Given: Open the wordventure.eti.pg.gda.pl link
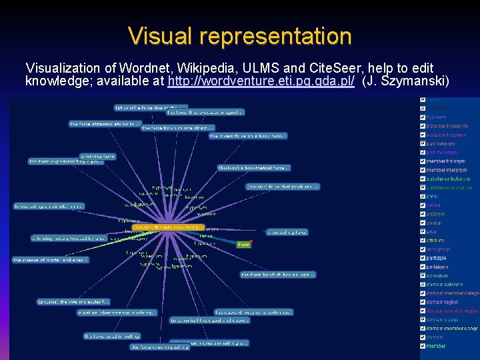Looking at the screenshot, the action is pos(261,82).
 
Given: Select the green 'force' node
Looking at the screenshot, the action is pos(243,245).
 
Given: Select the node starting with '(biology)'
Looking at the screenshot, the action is pos(254,167).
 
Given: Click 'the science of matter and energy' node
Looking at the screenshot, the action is pos(51,259).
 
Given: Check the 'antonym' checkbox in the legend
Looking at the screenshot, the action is pos(423,214).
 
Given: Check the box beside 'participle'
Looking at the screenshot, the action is pos(423,258).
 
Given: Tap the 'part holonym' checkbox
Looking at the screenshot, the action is pos(423,143).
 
